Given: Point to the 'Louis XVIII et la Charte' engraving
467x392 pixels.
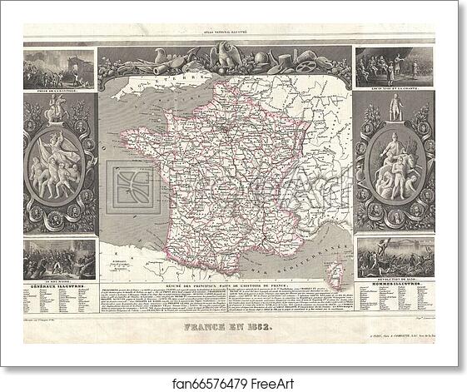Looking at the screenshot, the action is pos(394,67).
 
